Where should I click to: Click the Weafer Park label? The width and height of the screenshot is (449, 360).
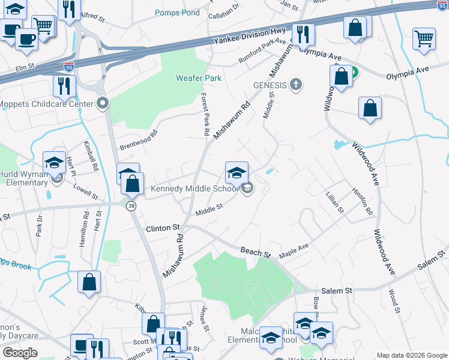coord(198,78)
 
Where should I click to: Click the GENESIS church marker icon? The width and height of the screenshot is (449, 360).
coord(295,85)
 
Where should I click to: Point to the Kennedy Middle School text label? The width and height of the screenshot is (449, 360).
coord(194,189)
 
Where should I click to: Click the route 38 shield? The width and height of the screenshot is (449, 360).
coord(131,205)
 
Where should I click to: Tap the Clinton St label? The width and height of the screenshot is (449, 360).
coord(163,229)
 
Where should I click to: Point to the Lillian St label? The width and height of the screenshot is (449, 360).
coord(334,203)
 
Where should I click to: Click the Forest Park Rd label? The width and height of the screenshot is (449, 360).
coord(205,114)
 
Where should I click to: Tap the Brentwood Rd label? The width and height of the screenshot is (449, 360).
coord(138,139)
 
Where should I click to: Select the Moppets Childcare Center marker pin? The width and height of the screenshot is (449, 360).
coord(103,104)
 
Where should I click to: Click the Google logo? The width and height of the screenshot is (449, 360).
coord(20,352)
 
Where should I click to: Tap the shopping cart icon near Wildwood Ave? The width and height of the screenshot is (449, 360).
coord(424,38)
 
